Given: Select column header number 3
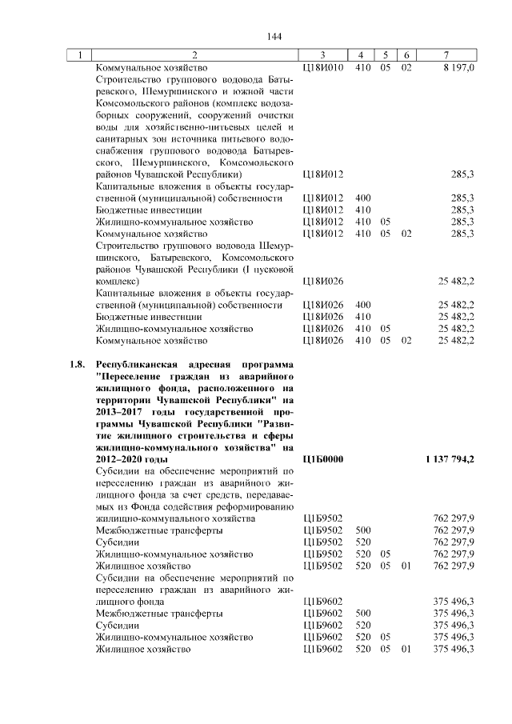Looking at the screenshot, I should point(321,55).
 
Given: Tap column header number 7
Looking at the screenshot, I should point(445,55).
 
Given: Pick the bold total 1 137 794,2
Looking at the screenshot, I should point(449,459).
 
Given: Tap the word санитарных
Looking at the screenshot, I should point(119,139).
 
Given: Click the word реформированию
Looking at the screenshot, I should point(258,506).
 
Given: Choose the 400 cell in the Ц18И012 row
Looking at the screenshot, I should point(362,198).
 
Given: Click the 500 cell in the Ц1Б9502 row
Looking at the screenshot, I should point(362,530).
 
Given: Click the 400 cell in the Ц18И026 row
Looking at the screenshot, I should point(362,305).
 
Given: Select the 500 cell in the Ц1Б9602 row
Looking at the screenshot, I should point(362,613).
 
